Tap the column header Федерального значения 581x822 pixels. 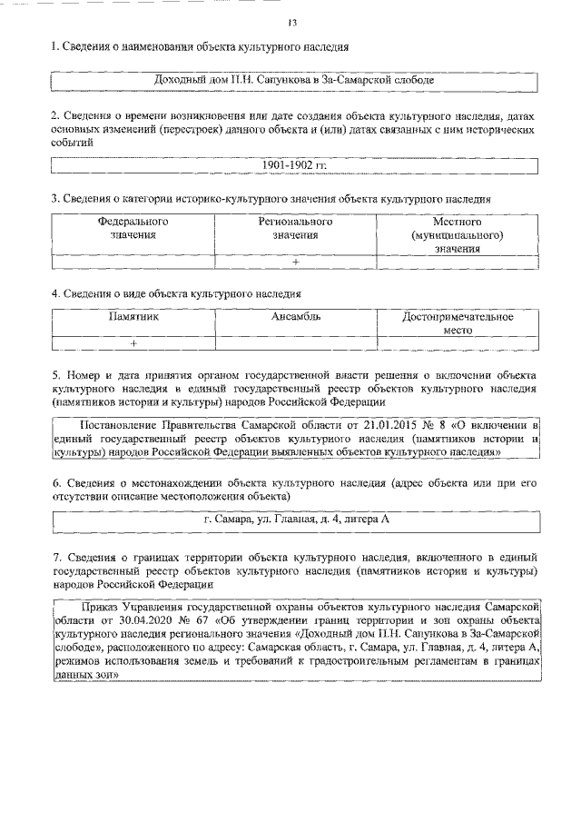coord(133,228)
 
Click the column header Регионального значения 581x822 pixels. coord(295,228)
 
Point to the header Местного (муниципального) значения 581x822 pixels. coord(457,234)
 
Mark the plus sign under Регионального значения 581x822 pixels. coord(295,262)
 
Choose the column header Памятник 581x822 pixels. coord(133,317)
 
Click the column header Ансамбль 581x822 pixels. coord(295,317)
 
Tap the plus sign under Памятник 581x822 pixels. coord(133,343)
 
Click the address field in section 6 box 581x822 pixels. coord(295,520)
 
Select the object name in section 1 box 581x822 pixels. coord(295,80)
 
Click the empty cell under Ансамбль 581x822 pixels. coord(295,343)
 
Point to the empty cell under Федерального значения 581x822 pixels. coord(133,262)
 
